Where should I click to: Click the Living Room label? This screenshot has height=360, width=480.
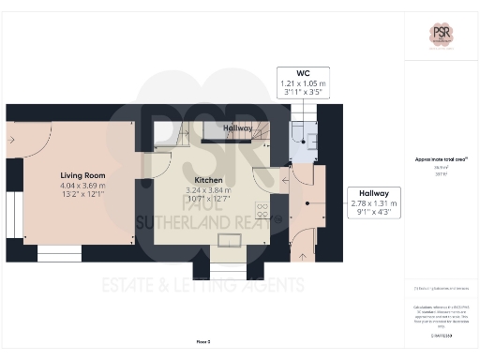(82, 175)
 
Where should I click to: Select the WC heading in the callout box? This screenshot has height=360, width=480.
(303, 72)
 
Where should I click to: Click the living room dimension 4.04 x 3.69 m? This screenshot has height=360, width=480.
(82, 186)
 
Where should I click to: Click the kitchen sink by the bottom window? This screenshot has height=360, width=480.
(229, 242)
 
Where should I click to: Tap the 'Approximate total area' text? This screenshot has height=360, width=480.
(440, 160)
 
